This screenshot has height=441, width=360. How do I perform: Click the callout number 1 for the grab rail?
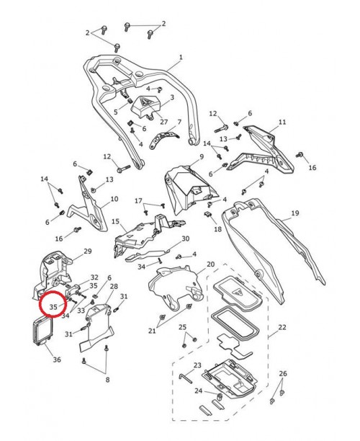[181, 58]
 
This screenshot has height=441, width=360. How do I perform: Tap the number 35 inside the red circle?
[53, 307]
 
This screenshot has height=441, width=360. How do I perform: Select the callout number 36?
[57, 360]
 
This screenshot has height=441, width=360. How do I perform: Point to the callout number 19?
[295, 213]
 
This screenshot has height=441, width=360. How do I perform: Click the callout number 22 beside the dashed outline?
[282, 327]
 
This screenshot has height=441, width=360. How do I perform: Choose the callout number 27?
[164, 122]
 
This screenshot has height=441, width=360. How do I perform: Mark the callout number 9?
[202, 156]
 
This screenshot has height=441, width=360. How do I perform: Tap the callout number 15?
[115, 221]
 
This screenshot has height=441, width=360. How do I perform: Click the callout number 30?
[186, 239]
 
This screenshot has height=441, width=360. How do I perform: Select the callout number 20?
[210, 264]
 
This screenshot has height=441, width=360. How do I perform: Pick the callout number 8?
[107, 380]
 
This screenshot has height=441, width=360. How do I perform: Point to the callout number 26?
[283, 373]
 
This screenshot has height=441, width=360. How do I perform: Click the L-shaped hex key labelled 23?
[186, 378]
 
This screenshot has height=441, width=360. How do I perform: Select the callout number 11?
[282, 122]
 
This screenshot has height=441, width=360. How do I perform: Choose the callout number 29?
[88, 251]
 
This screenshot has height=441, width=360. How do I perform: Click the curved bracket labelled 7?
[164, 139]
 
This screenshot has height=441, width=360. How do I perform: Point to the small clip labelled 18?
[207, 215]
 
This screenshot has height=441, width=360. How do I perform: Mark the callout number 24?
[199, 391]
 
